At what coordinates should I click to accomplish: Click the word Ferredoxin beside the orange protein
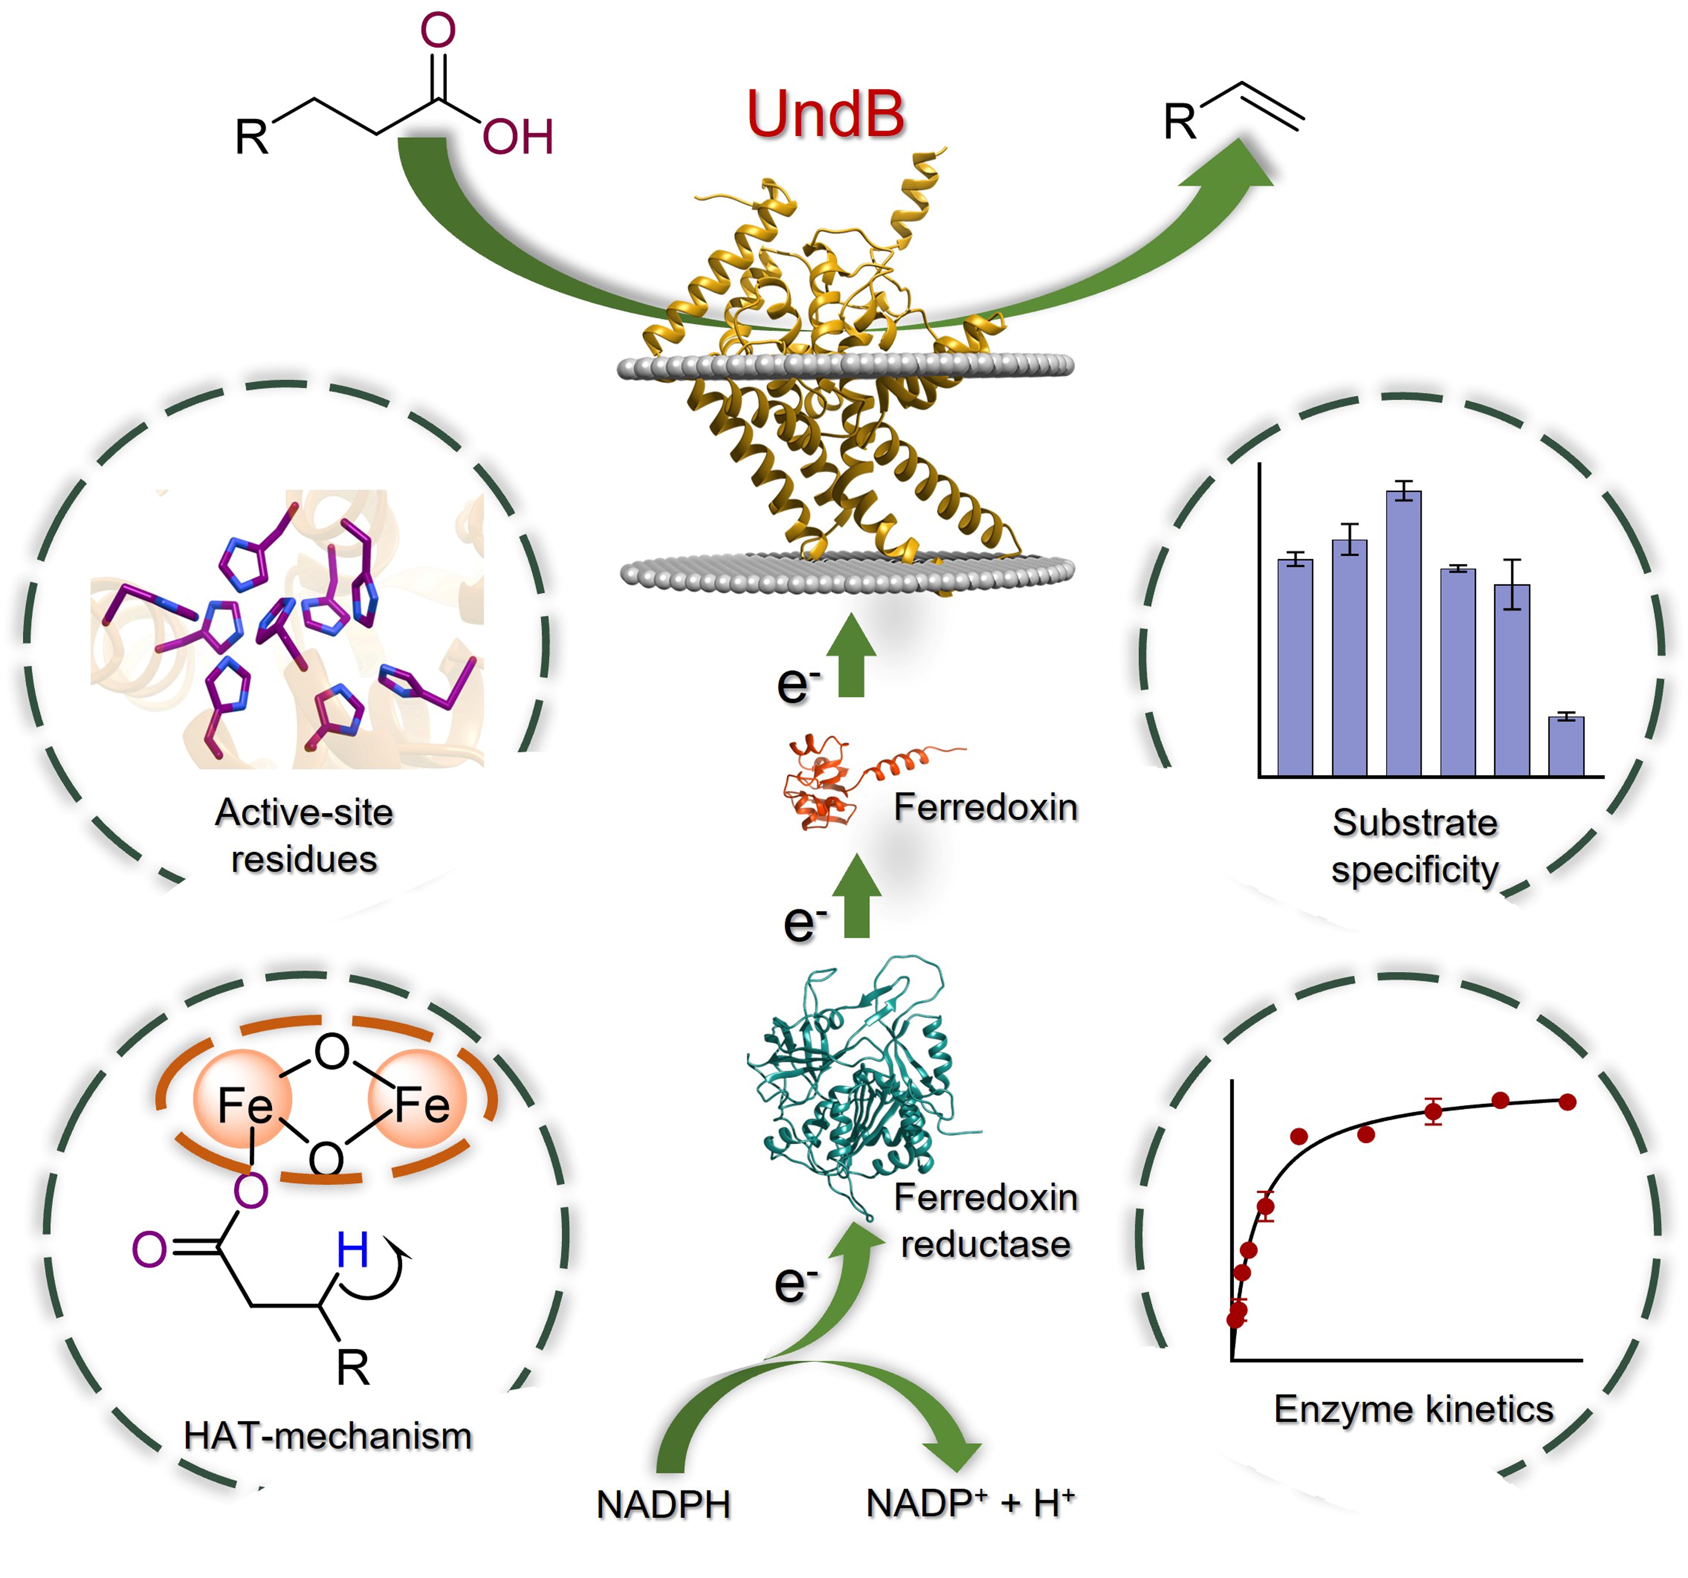(985, 807)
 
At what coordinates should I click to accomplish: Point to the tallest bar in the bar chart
(1403, 633)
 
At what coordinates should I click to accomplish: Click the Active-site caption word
(304, 812)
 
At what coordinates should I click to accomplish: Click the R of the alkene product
(1179, 121)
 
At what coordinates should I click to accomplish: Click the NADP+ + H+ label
(970, 1503)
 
